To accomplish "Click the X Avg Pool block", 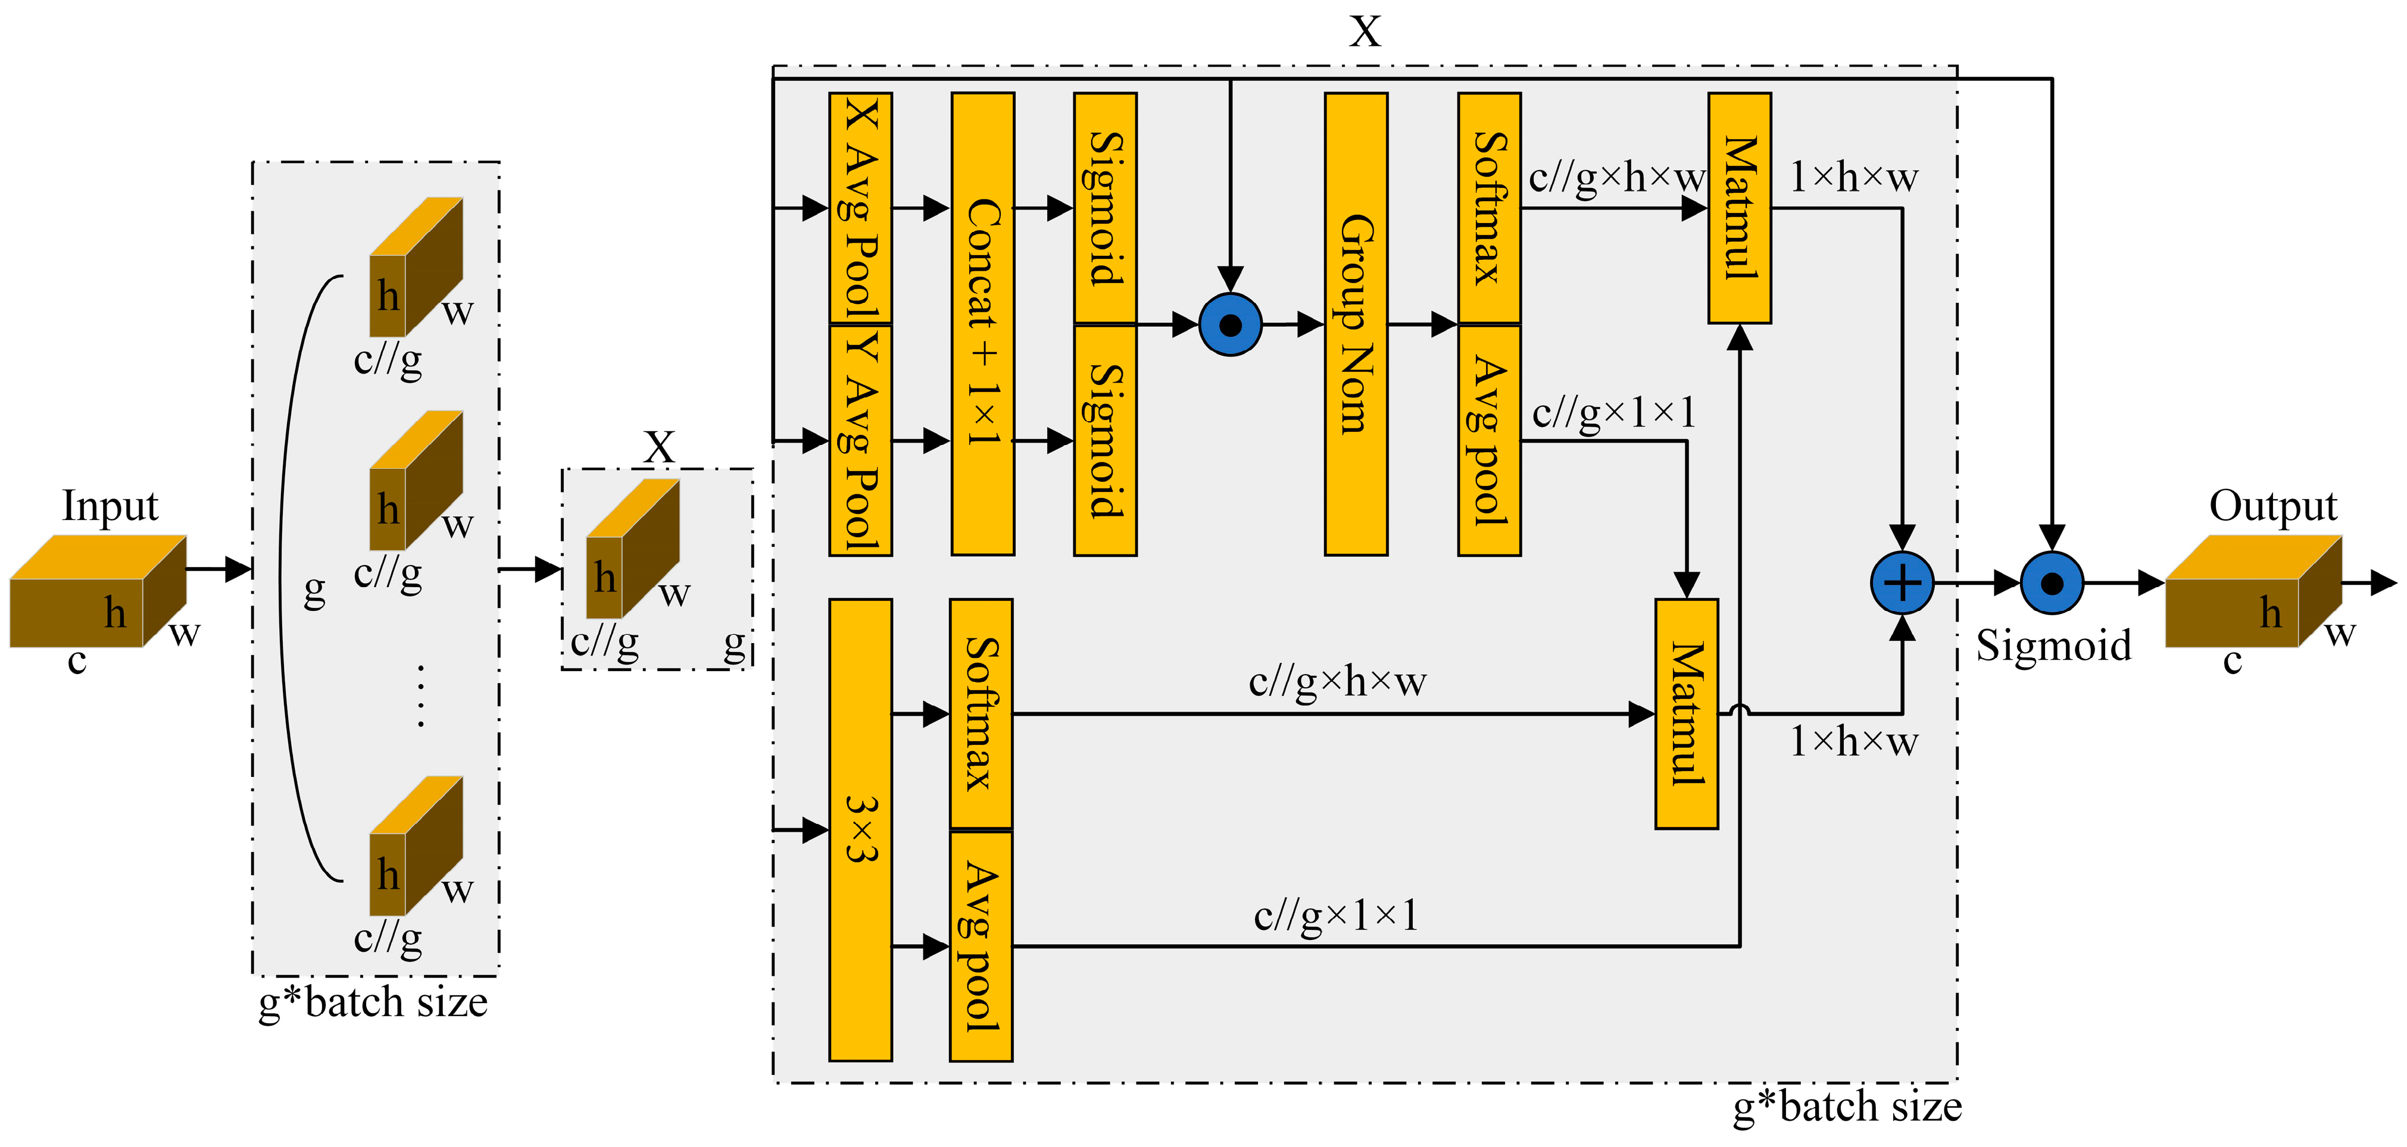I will click(860, 208).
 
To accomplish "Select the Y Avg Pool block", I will click(860, 440).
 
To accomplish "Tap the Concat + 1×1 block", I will click(982, 323).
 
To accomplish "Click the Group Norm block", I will click(1355, 323).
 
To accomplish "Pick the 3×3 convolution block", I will click(860, 829).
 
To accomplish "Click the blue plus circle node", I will click(1902, 583).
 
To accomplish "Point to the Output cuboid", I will click(2252, 592).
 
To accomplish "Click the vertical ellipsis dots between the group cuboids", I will click(420, 696).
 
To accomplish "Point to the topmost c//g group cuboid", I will click(416, 268).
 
